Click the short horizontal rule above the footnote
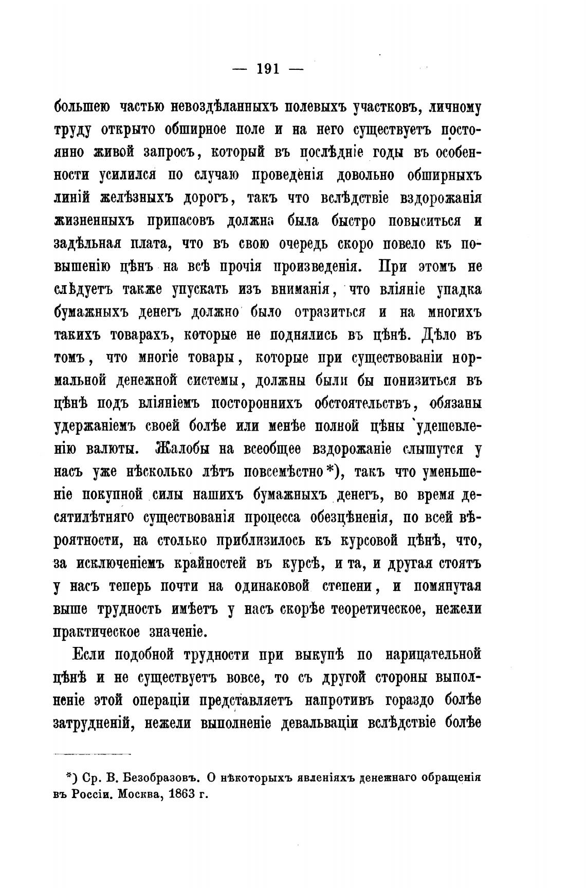pyautogui.click(x=93, y=754)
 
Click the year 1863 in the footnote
pyautogui.click(x=176, y=793)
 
